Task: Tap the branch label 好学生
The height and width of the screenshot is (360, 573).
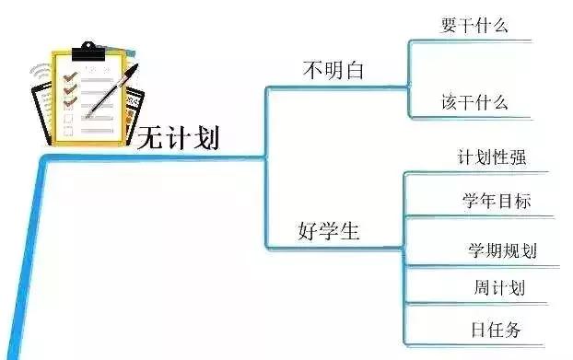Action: click(x=329, y=230)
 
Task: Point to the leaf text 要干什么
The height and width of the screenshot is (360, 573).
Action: click(x=474, y=25)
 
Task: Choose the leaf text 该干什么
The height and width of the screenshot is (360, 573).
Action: click(x=474, y=101)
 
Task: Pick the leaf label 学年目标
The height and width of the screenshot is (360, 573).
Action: click(x=496, y=201)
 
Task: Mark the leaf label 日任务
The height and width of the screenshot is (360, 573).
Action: click(x=500, y=329)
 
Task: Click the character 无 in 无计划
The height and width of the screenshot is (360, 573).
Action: click(x=150, y=139)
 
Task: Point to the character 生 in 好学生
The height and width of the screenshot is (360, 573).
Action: click(x=348, y=230)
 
